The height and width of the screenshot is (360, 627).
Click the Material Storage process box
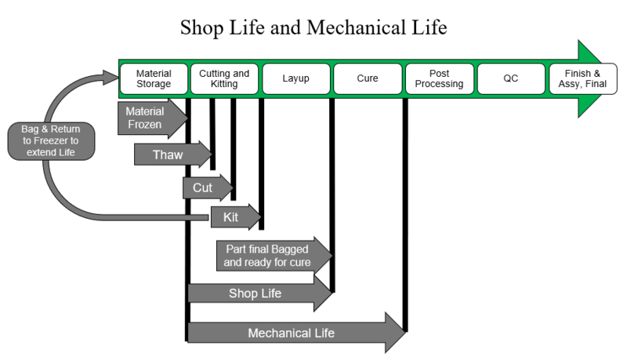click(x=154, y=78)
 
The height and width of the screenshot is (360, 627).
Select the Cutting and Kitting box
click(x=224, y=78)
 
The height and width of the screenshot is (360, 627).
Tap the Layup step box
click(x=296, y=78)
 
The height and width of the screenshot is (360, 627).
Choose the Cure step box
click(x=367, y=78)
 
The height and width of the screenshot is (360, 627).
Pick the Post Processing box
click(x=439, y=78)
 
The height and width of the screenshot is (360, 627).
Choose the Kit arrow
click(x=234, y=217)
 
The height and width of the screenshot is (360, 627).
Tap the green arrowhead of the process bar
click(x=593, y=78)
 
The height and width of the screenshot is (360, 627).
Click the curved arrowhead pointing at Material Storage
click(x=110, y=77)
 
